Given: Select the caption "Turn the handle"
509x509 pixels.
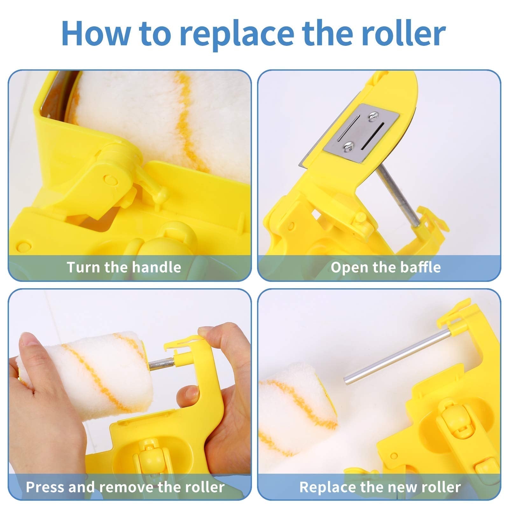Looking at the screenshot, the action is pos(124,267).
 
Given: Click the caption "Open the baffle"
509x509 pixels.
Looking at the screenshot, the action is pos(386,267).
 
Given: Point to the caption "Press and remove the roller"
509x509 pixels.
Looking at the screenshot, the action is pos(125,487).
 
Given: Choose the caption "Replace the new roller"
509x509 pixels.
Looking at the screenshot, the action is pos(380,487).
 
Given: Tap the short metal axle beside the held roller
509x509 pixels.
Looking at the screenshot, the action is pos(161,363).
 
